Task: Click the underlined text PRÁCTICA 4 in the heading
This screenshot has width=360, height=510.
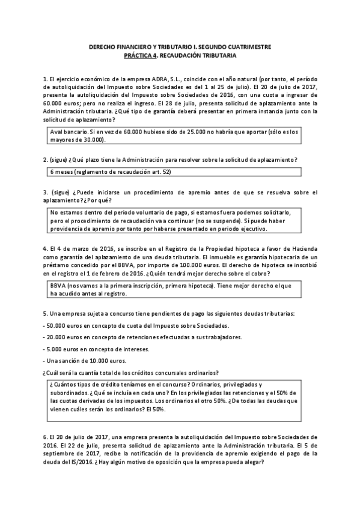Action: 140,55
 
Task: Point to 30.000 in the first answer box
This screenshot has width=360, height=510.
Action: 92,140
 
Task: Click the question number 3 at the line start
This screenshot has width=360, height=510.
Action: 45,192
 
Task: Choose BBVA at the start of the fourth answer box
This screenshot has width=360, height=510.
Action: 58,286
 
